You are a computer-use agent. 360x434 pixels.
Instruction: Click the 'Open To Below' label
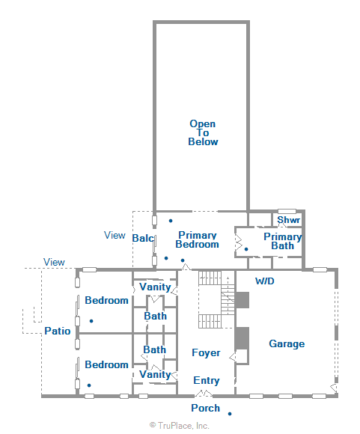(x=203, y=132)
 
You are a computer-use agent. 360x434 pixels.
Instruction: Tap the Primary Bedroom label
(x=198, y=239)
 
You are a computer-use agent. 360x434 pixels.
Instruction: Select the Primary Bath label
(x=283, y=241)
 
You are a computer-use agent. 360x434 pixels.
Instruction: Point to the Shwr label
(x=289, y=220)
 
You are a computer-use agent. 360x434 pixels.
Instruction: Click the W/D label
(x=265, y=281)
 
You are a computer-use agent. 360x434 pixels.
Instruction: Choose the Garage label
(x=287, y=343)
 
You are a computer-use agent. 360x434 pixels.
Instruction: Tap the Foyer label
(x=206, y=352)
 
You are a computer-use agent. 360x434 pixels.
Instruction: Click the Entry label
(x=207, y=380)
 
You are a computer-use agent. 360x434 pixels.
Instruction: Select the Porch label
(x=205, y=408)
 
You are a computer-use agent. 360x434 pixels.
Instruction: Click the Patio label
(x=57, y=330)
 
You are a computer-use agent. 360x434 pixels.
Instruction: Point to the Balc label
(x=142, y=238)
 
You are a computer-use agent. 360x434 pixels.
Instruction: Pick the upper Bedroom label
(x=106, y=300)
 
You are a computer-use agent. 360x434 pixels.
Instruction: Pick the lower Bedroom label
(x=106, y=364)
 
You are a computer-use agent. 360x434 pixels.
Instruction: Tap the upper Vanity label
(x=155, y=287)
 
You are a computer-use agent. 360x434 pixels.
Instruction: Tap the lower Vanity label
(x=155, y=374)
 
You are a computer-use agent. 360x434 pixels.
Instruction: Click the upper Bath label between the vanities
(x=155, y=316)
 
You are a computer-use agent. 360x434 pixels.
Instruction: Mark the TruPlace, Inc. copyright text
(x=180, y=425)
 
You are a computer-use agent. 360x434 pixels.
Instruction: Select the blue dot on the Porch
(x=230, y=413)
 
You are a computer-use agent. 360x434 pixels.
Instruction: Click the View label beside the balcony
(x=115, y=235)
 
